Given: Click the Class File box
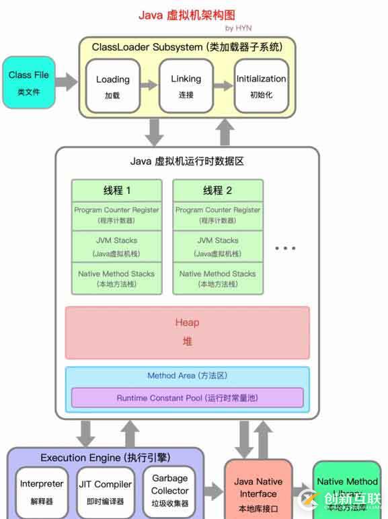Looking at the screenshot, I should [x=29, y=82].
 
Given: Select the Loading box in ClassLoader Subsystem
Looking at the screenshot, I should [x=112, y=85].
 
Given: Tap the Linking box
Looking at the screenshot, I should [x=186, y=85].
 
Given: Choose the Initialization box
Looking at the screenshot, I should [x=261, y=85].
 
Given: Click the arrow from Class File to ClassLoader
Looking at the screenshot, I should [x=67, y=83].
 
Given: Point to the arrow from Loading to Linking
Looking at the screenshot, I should [x=149, y=85].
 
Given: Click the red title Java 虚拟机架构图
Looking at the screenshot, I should [x=187, y=14].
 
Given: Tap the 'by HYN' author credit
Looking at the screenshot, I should [x=238, y=28].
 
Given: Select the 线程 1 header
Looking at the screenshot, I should [x=117, y=191].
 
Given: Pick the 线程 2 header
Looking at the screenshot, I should [x=218, y=191].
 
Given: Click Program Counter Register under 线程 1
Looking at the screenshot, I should [x=117, y=215].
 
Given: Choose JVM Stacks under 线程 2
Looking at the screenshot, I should [x=218, y=246].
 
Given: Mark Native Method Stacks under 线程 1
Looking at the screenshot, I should [x=117, y=279].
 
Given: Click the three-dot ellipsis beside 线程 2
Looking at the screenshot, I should [x=285, y=248].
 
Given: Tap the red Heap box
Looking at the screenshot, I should [x=188, y=333].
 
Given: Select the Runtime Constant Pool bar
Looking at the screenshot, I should [x=188, y=398].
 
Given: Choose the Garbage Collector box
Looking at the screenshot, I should [x=169, y=490].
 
